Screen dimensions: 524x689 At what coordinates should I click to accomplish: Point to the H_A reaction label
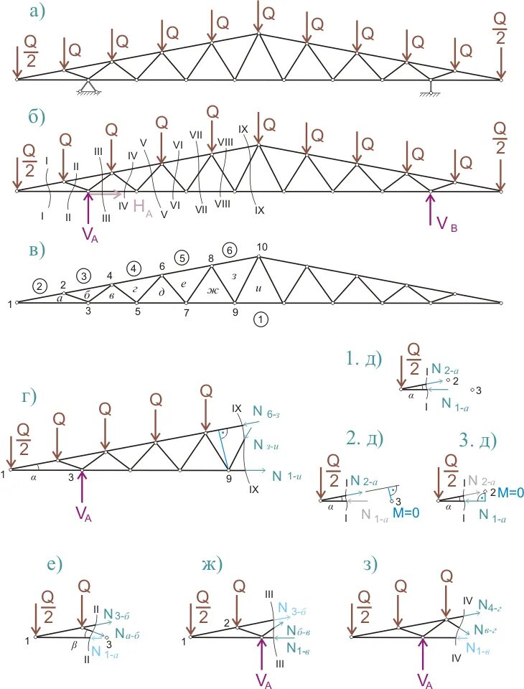tap(140, 210)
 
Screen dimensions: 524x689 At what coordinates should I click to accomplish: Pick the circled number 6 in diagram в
tap(229, 250)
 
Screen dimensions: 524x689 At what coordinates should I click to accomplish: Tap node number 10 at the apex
tap(262, 248)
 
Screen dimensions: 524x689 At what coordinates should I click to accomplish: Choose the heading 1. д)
tap(365, 357)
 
